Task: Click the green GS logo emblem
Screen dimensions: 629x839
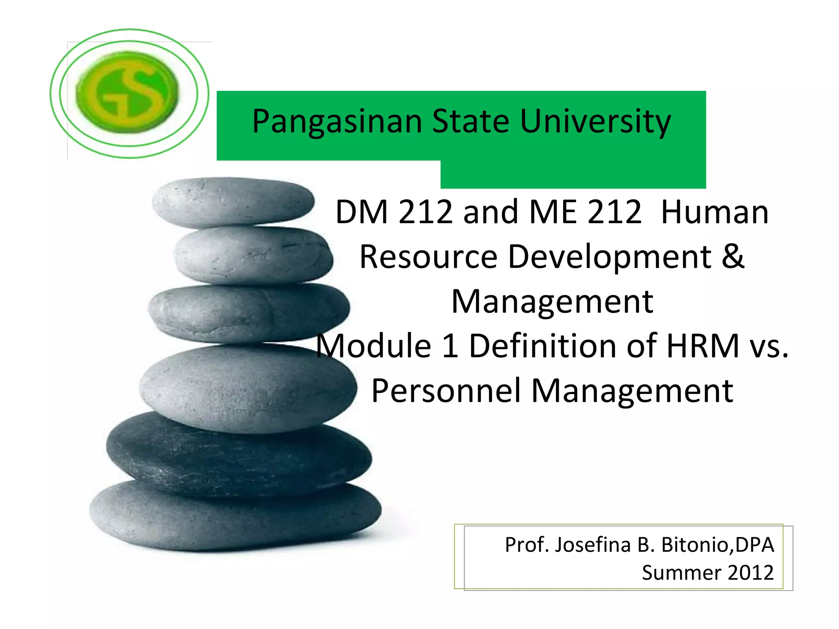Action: (x=128, y=93)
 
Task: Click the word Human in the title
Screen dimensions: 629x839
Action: (x=715, y=212)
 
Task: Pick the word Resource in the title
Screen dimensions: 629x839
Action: (x=428, y=257)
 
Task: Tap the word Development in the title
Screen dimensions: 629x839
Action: (x=610, y=257)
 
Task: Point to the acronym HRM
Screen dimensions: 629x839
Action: (x=702, y=346)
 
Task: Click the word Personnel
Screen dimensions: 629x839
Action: (x=446, y=391)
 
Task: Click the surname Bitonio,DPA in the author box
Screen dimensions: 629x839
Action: (x=718, y=545)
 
